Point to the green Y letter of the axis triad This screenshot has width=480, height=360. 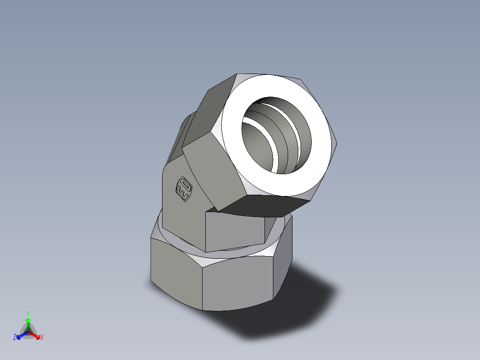pos(28,313)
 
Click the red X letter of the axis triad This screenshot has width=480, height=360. pos(42,337)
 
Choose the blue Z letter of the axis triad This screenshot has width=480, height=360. pos(15,337)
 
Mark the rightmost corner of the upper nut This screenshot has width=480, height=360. pos(337,143)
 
